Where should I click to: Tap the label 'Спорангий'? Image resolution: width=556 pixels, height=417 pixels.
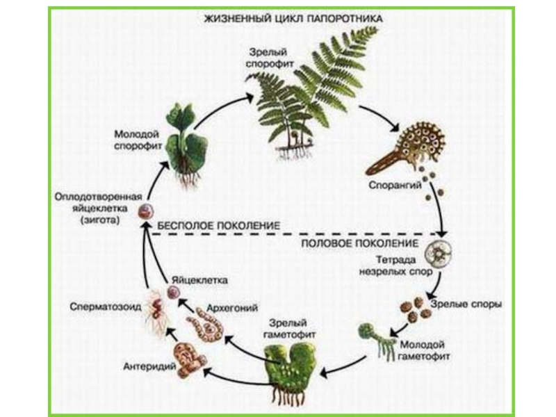coord(393,186)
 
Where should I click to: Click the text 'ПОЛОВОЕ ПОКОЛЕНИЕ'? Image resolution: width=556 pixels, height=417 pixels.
coord(359,245)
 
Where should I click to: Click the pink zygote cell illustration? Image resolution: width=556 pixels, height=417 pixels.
coord(146,213)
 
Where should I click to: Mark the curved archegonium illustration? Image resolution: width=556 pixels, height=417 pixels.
coord(206,327)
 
